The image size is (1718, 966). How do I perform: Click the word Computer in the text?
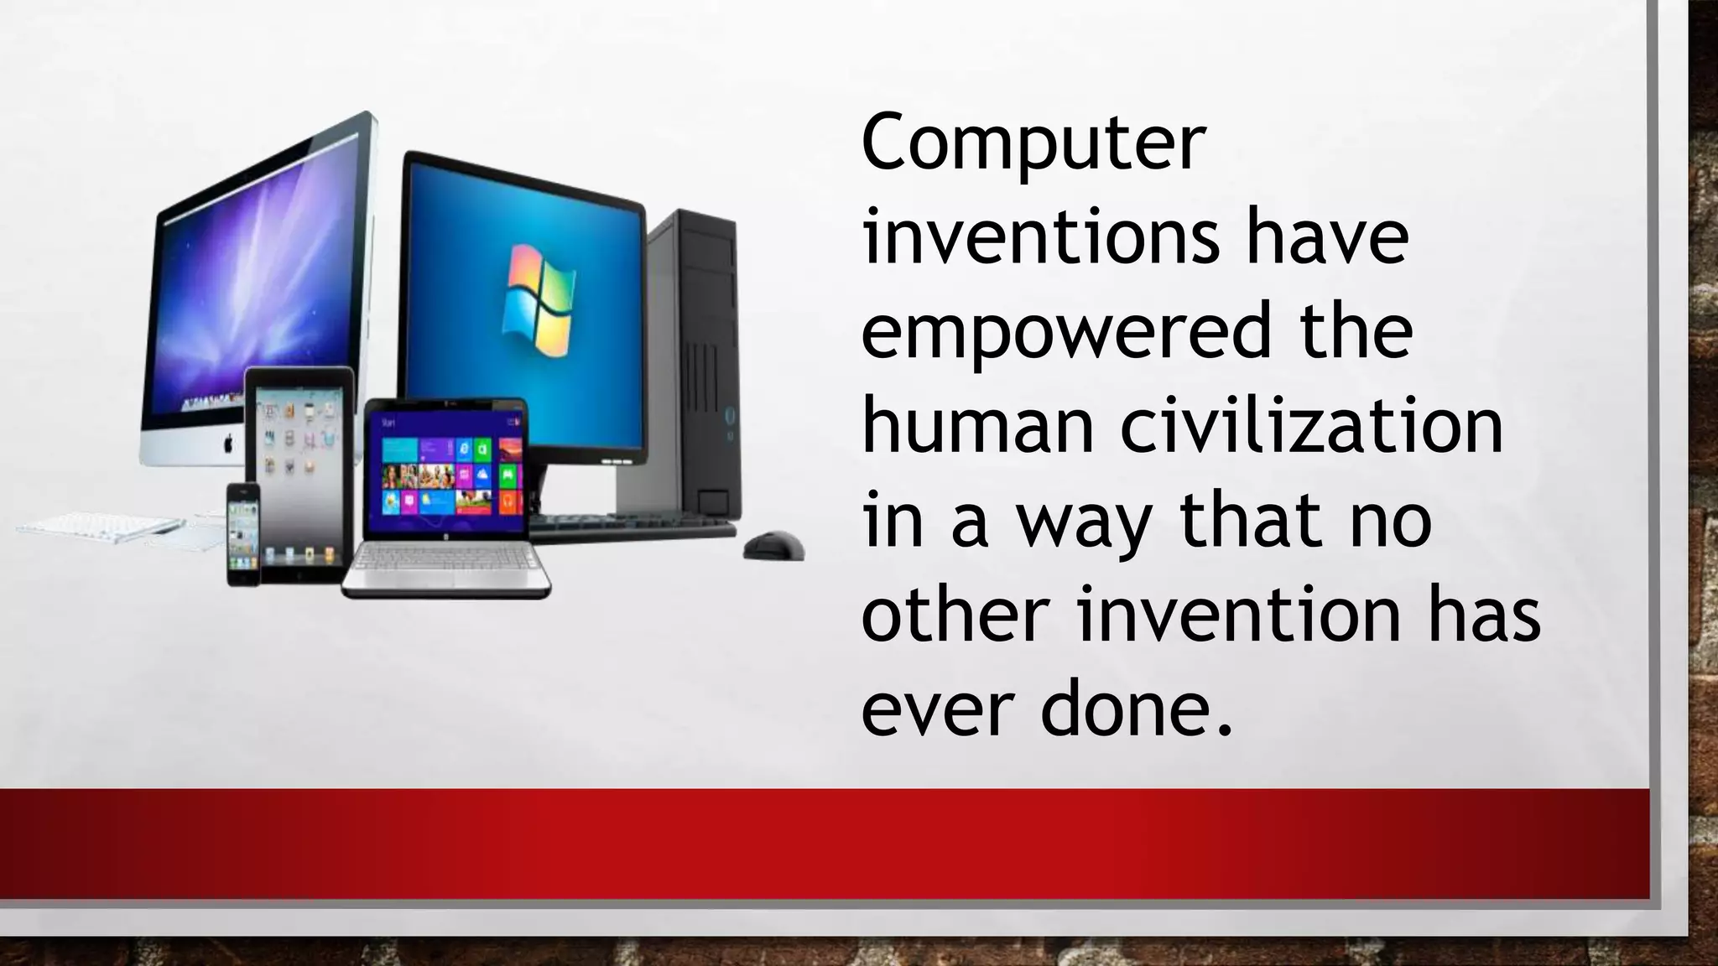[1033, 146]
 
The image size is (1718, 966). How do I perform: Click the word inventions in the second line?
[1041, 239]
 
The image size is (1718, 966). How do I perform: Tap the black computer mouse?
[773, 546]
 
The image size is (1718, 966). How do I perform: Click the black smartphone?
[244, 534]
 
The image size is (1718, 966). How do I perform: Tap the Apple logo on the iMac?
[228, 444]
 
